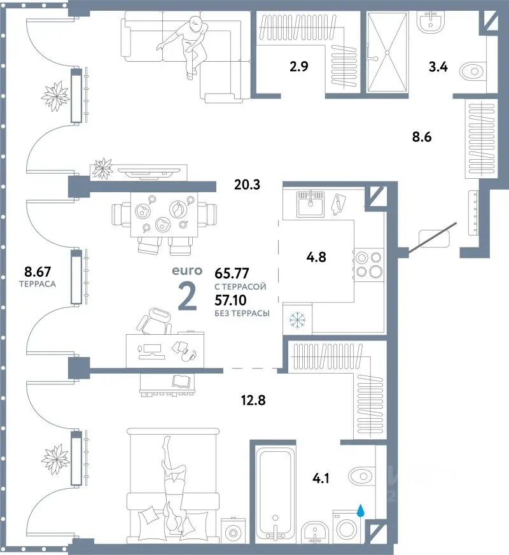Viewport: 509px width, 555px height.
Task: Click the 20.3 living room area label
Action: point(248,185)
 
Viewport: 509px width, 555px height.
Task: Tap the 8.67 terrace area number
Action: point(38,272)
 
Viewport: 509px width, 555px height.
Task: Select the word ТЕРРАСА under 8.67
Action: point(38,284)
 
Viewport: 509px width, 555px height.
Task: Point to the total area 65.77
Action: point(232,273)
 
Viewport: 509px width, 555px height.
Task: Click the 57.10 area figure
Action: point(230,300)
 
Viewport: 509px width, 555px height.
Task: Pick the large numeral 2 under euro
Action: point(187,297)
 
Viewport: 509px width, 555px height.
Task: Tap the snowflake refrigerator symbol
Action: point(297,320)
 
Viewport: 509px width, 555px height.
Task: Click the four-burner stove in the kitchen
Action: point(368,265)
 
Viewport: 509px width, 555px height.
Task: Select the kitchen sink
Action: point(310,204)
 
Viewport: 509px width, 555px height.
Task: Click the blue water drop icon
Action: point(361,510)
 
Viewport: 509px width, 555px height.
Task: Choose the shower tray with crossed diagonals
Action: point(387,52)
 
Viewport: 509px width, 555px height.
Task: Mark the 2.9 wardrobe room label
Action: point(299,66)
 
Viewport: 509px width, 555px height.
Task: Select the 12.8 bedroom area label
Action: point(253,400)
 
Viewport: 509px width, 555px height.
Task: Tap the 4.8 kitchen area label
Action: point(316,257)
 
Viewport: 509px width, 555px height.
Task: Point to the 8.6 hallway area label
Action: point(422,137)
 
